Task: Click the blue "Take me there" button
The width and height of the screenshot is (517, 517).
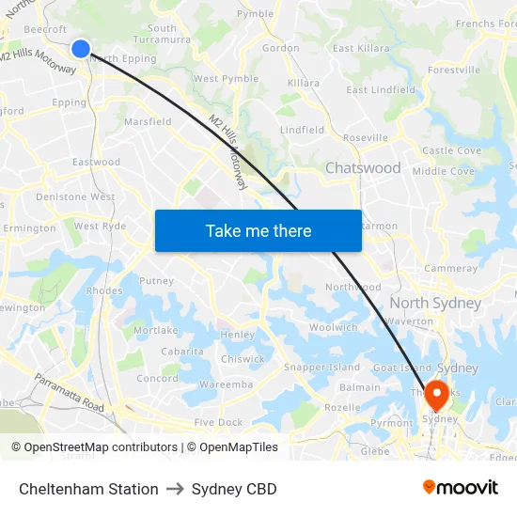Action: point(258,230)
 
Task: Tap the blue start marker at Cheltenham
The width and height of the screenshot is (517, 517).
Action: point(81,48)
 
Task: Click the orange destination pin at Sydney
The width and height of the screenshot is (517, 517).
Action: point(436,394)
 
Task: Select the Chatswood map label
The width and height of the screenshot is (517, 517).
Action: point(363,168)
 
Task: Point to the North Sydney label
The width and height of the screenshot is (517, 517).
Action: point(435,303)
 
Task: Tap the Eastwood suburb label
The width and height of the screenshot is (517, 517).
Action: point(97,162)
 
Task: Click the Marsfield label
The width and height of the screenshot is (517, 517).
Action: point(149,121)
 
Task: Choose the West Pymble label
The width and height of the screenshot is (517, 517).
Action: point(226,79)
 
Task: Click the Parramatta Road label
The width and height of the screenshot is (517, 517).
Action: point(70,393)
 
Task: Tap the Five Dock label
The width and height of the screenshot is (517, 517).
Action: point(218,423)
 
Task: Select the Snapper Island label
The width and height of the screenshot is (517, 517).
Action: point(321,367)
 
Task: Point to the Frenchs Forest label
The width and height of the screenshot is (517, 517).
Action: point(486,23)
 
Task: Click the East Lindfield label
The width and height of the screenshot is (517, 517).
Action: point(381,90)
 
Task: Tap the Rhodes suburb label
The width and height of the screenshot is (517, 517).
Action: point(103,291)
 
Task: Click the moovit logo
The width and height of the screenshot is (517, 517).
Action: point(461,488)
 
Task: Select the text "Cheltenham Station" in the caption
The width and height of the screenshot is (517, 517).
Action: point(88,489)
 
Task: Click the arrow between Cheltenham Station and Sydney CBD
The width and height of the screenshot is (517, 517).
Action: point(175,489)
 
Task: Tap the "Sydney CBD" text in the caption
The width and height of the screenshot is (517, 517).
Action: point(234,489)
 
